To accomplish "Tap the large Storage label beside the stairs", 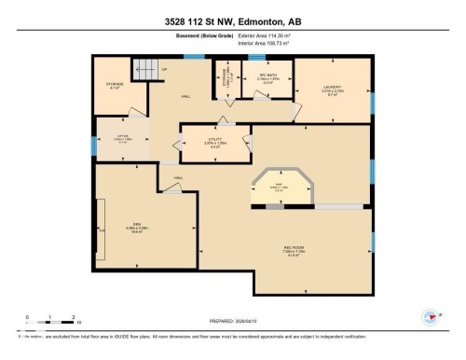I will [x=115, y=87].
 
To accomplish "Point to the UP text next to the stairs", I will [x=165, y=70].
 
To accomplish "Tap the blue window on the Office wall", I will [x=93, y=145].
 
